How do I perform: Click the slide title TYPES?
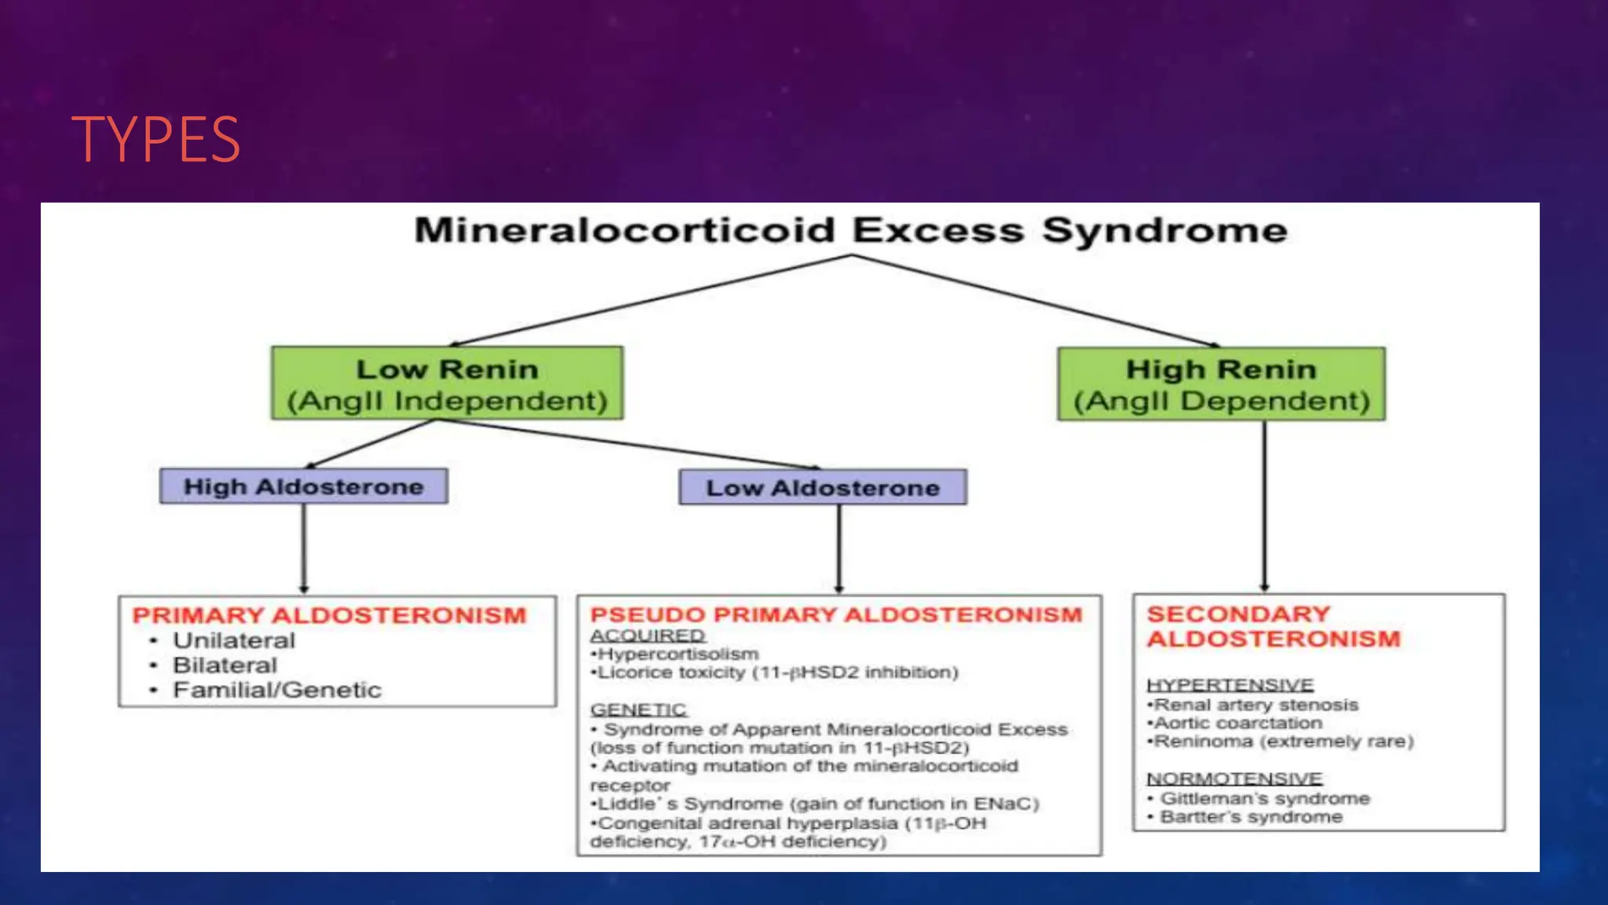[x=155, y=139]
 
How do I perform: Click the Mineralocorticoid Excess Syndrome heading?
[x=850, y=230]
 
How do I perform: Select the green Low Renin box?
[x=447, y=383]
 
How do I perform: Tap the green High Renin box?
[x=1221, y=384]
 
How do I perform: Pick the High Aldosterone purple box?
[x=304, y=486]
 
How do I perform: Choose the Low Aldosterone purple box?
[x=822, y=488]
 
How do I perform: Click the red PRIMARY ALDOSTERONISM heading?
[x=329, y=615]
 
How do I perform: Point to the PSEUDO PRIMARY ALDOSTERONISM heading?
[x=836, y=614]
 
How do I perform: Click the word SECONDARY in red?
[x=1238, y=614]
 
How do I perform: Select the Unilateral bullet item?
[x=233, y=640]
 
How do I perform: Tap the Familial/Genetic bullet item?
[x=276, y=690]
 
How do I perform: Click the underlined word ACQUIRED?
[x=648, y=635]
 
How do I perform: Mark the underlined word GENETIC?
[x=638, y=709]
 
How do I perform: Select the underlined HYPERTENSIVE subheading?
[x=1230, y=685]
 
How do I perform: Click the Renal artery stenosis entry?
[x=1253, y=705]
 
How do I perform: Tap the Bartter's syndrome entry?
[x=1251, y=817]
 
